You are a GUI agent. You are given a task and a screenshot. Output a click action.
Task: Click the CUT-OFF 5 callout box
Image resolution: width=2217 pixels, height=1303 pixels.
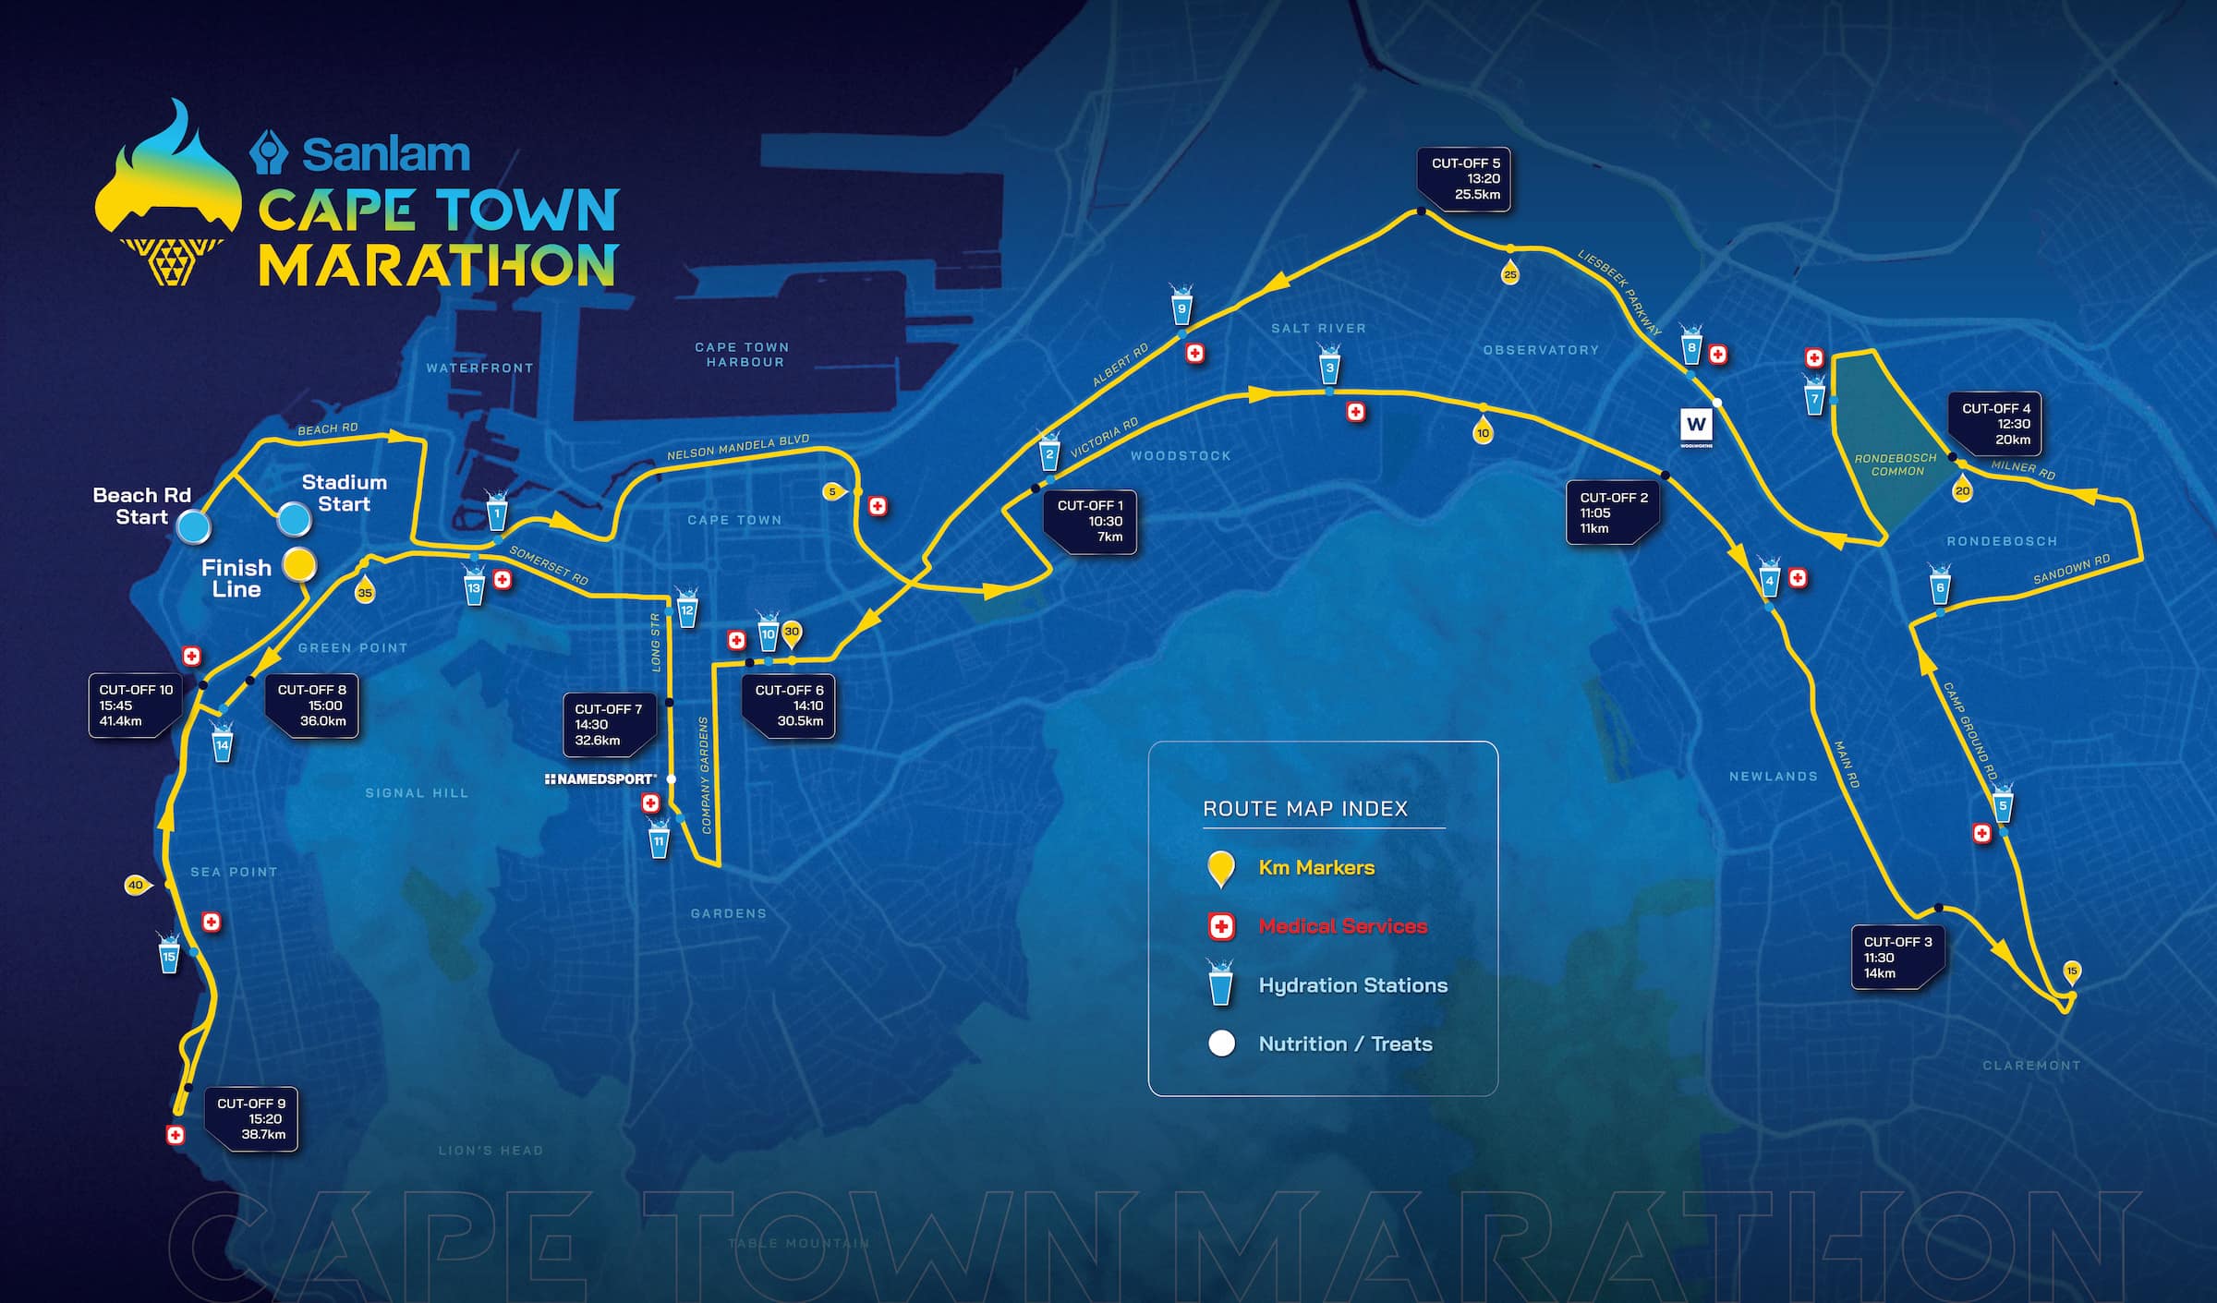1464,179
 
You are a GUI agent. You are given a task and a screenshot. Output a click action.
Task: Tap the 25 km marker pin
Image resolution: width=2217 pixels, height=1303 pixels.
1509,273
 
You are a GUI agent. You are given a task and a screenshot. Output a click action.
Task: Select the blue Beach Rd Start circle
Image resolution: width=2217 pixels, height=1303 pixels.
194,526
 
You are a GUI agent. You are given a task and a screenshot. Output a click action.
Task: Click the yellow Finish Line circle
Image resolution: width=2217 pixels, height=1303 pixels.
298,563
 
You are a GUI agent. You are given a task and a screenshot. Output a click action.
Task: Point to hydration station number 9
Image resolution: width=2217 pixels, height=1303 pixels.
1181,307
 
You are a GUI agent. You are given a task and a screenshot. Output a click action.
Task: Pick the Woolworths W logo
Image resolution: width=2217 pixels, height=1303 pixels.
1696,425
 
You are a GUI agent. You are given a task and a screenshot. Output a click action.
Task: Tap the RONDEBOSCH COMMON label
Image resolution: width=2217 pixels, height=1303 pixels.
1896,464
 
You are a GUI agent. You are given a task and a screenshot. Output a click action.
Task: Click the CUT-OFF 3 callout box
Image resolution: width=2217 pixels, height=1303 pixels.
1897,957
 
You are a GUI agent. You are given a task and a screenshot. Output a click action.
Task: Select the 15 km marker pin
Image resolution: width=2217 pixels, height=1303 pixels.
2072,971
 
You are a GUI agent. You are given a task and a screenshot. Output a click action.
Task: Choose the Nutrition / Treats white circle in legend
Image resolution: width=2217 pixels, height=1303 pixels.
1221,1044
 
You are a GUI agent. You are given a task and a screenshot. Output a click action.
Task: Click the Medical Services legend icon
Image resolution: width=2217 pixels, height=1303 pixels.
1221,926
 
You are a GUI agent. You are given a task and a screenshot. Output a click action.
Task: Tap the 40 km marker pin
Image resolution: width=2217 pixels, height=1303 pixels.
137,885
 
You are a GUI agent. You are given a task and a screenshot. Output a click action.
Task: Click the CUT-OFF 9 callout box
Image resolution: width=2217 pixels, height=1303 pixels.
251,1118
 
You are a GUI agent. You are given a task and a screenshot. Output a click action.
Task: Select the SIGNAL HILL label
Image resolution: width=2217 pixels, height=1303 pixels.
417,793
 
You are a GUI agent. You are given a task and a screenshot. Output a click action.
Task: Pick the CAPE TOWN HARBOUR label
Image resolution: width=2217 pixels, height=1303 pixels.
743,355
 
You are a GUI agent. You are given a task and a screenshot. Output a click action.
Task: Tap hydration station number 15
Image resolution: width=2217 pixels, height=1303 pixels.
168,954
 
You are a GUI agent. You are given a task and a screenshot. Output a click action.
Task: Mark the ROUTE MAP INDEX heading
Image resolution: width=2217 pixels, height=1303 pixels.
1304,809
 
